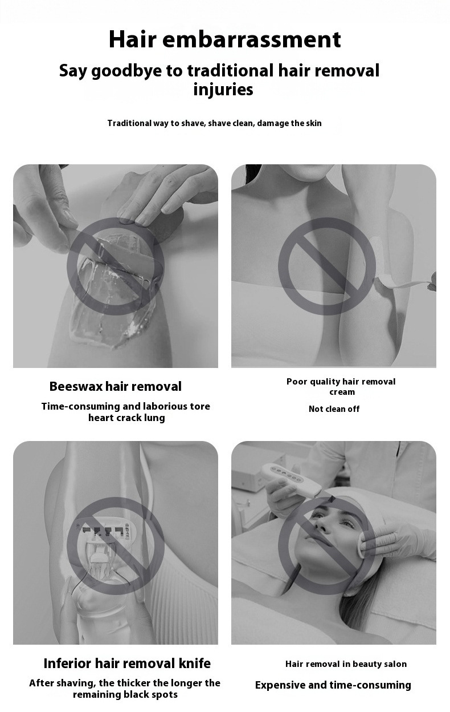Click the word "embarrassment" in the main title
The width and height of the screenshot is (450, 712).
pyautogui.click(x=252, y=39)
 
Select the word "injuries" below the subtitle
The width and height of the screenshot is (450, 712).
pyautogui.click(x=223, y=90)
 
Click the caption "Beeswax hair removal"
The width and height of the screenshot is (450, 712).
pyautogui.click(x=116, y=386)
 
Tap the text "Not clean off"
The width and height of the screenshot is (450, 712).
pyautogui.click(x=334, y=408)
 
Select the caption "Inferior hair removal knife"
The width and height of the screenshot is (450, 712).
pyautogui.click(x=127, y=664)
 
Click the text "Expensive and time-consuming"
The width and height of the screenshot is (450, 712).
pyautogui.click(x=333, y=685)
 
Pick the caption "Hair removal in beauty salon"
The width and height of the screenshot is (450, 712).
pyautogui.click(x=346, y=664)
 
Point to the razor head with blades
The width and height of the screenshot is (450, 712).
pyautogui.click(x=105, y=533)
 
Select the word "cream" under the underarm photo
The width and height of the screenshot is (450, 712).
pyautogui.click(x=342, y=392)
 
